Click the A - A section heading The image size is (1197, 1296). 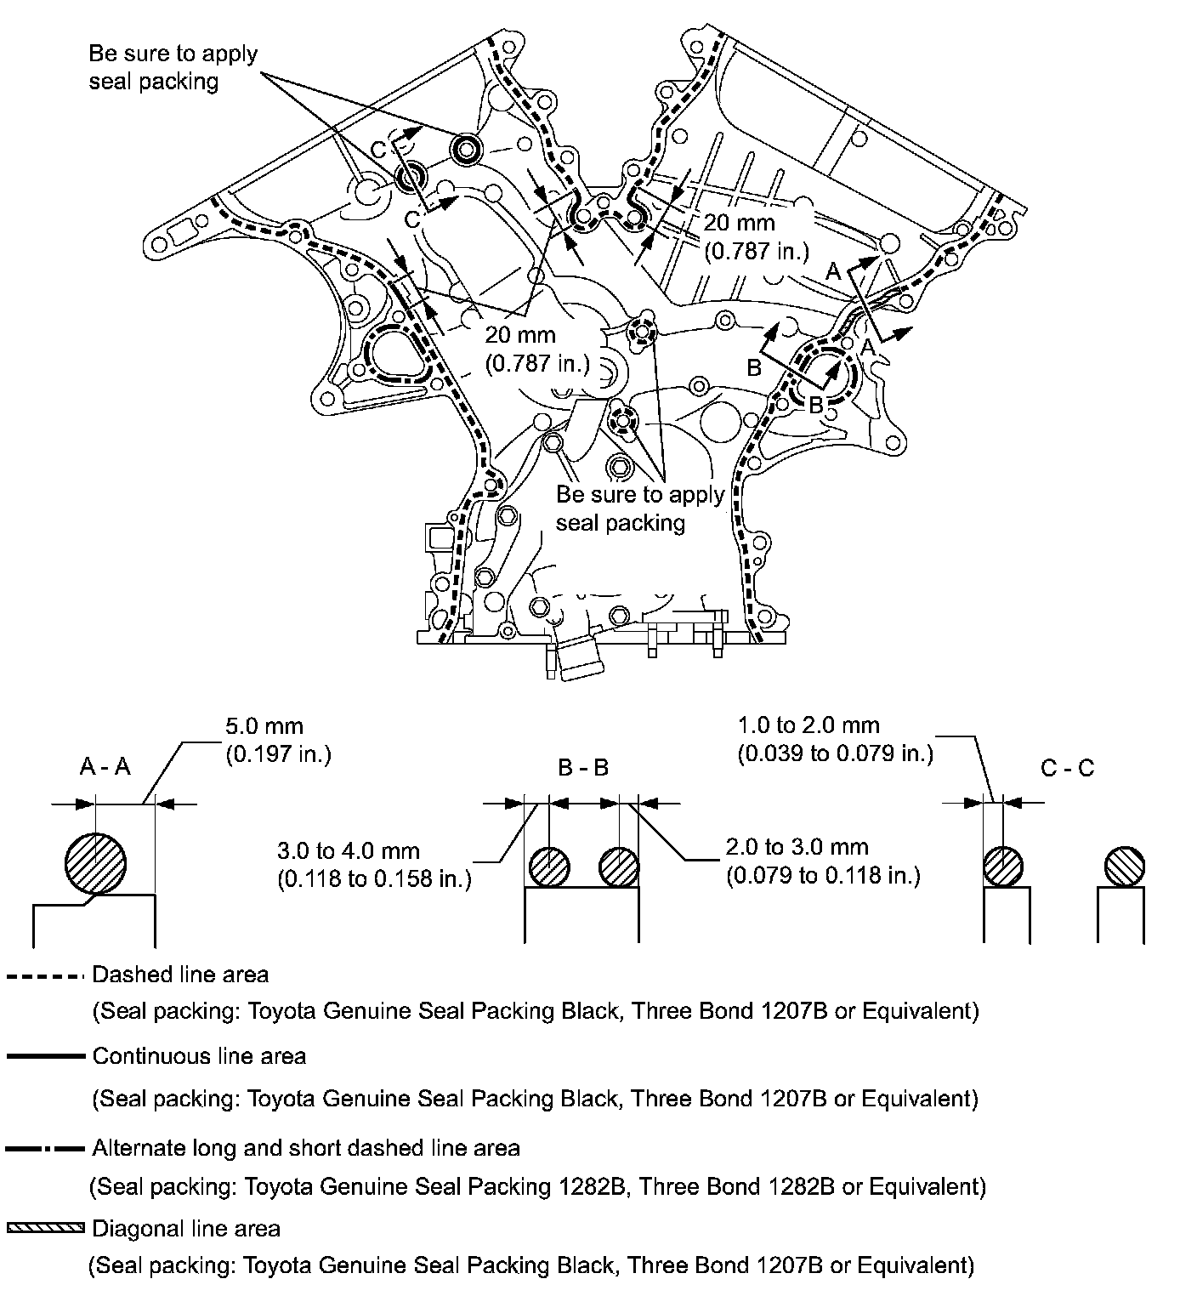click(105, 767)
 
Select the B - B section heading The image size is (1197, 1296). click(583, 768)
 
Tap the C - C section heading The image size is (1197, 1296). click(1067, 768)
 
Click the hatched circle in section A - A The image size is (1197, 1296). click(96, 864)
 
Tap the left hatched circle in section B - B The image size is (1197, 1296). click(549, 867)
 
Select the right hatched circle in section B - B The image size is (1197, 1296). click(619, 867)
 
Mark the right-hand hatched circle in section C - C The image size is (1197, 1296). click(1124, 867)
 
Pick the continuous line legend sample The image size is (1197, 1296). click(46, 1057)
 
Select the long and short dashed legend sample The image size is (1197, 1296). click(46, 1149)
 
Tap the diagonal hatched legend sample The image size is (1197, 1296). click(46, 1228)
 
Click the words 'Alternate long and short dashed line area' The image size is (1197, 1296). click(305, 1148)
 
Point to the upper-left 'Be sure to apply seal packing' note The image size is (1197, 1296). click(173, 67)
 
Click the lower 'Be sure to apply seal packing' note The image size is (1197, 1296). click(639, 508)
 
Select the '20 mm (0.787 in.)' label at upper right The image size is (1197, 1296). click(756, 236)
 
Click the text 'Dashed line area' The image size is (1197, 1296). click(180, 975)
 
